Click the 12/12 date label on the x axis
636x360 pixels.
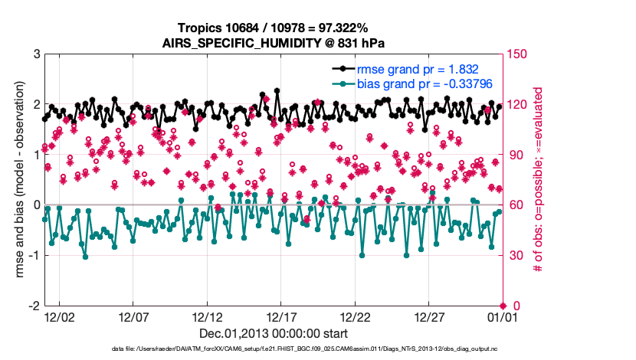click(x=207, y=316)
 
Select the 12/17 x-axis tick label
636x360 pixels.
click(x=281, y=316)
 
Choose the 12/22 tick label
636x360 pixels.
click(x=355, y=316)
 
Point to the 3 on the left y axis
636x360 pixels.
click(x=36, y=54)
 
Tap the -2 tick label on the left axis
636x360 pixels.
click(x=34, y=306)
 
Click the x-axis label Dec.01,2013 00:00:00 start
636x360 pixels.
click(x=274, y=333)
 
